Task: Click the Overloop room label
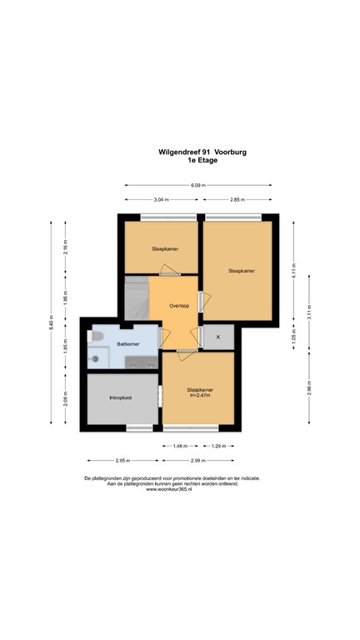[x=179, y=306]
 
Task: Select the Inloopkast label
[x=121, y=398]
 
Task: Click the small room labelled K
[x=218, y=337]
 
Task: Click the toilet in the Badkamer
[x=97, y=337]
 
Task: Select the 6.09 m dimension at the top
[x=197, y=185]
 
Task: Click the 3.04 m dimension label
[x=161, y=200]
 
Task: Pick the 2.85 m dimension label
[x=237, y=200]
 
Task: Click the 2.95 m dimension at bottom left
[x=123, y=460]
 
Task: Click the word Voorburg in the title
[x=227, y=152]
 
